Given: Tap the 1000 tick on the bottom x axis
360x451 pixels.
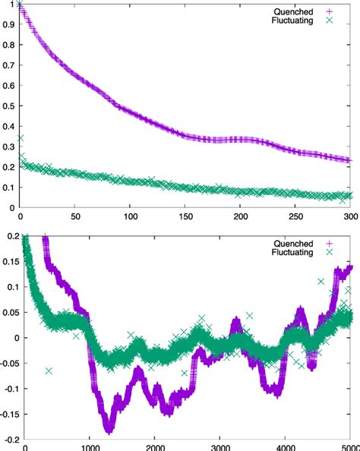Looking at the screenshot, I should (90, 447).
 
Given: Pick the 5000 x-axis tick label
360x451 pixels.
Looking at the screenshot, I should (349, 447).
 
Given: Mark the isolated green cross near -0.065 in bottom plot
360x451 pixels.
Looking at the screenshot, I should (49, 371).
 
